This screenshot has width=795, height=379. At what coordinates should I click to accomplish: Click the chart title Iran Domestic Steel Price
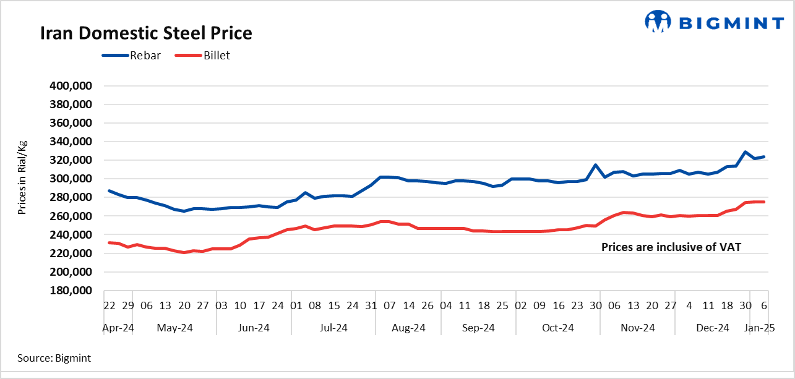click(x=146, y=33)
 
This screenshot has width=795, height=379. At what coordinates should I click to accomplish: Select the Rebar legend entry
click(x=131, y=56)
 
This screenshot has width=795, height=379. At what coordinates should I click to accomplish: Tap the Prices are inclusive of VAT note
click(x=671, y=247)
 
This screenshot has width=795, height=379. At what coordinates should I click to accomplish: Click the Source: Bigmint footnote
click(x=54, y=357)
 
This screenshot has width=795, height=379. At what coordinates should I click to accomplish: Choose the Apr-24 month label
click(x=118, y=328)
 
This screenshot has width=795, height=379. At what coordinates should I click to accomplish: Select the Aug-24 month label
click(x=409, y=328)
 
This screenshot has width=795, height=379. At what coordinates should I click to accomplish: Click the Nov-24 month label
click(x=638, y=328)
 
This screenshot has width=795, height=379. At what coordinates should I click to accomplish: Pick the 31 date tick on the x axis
click(x=371, y=305)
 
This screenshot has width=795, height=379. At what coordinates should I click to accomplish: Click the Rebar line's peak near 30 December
click(x=746, y=152)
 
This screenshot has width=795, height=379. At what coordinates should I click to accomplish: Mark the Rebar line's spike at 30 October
click(x=595, y=165)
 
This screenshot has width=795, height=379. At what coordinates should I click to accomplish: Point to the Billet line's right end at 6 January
click(x=765, y=202)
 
